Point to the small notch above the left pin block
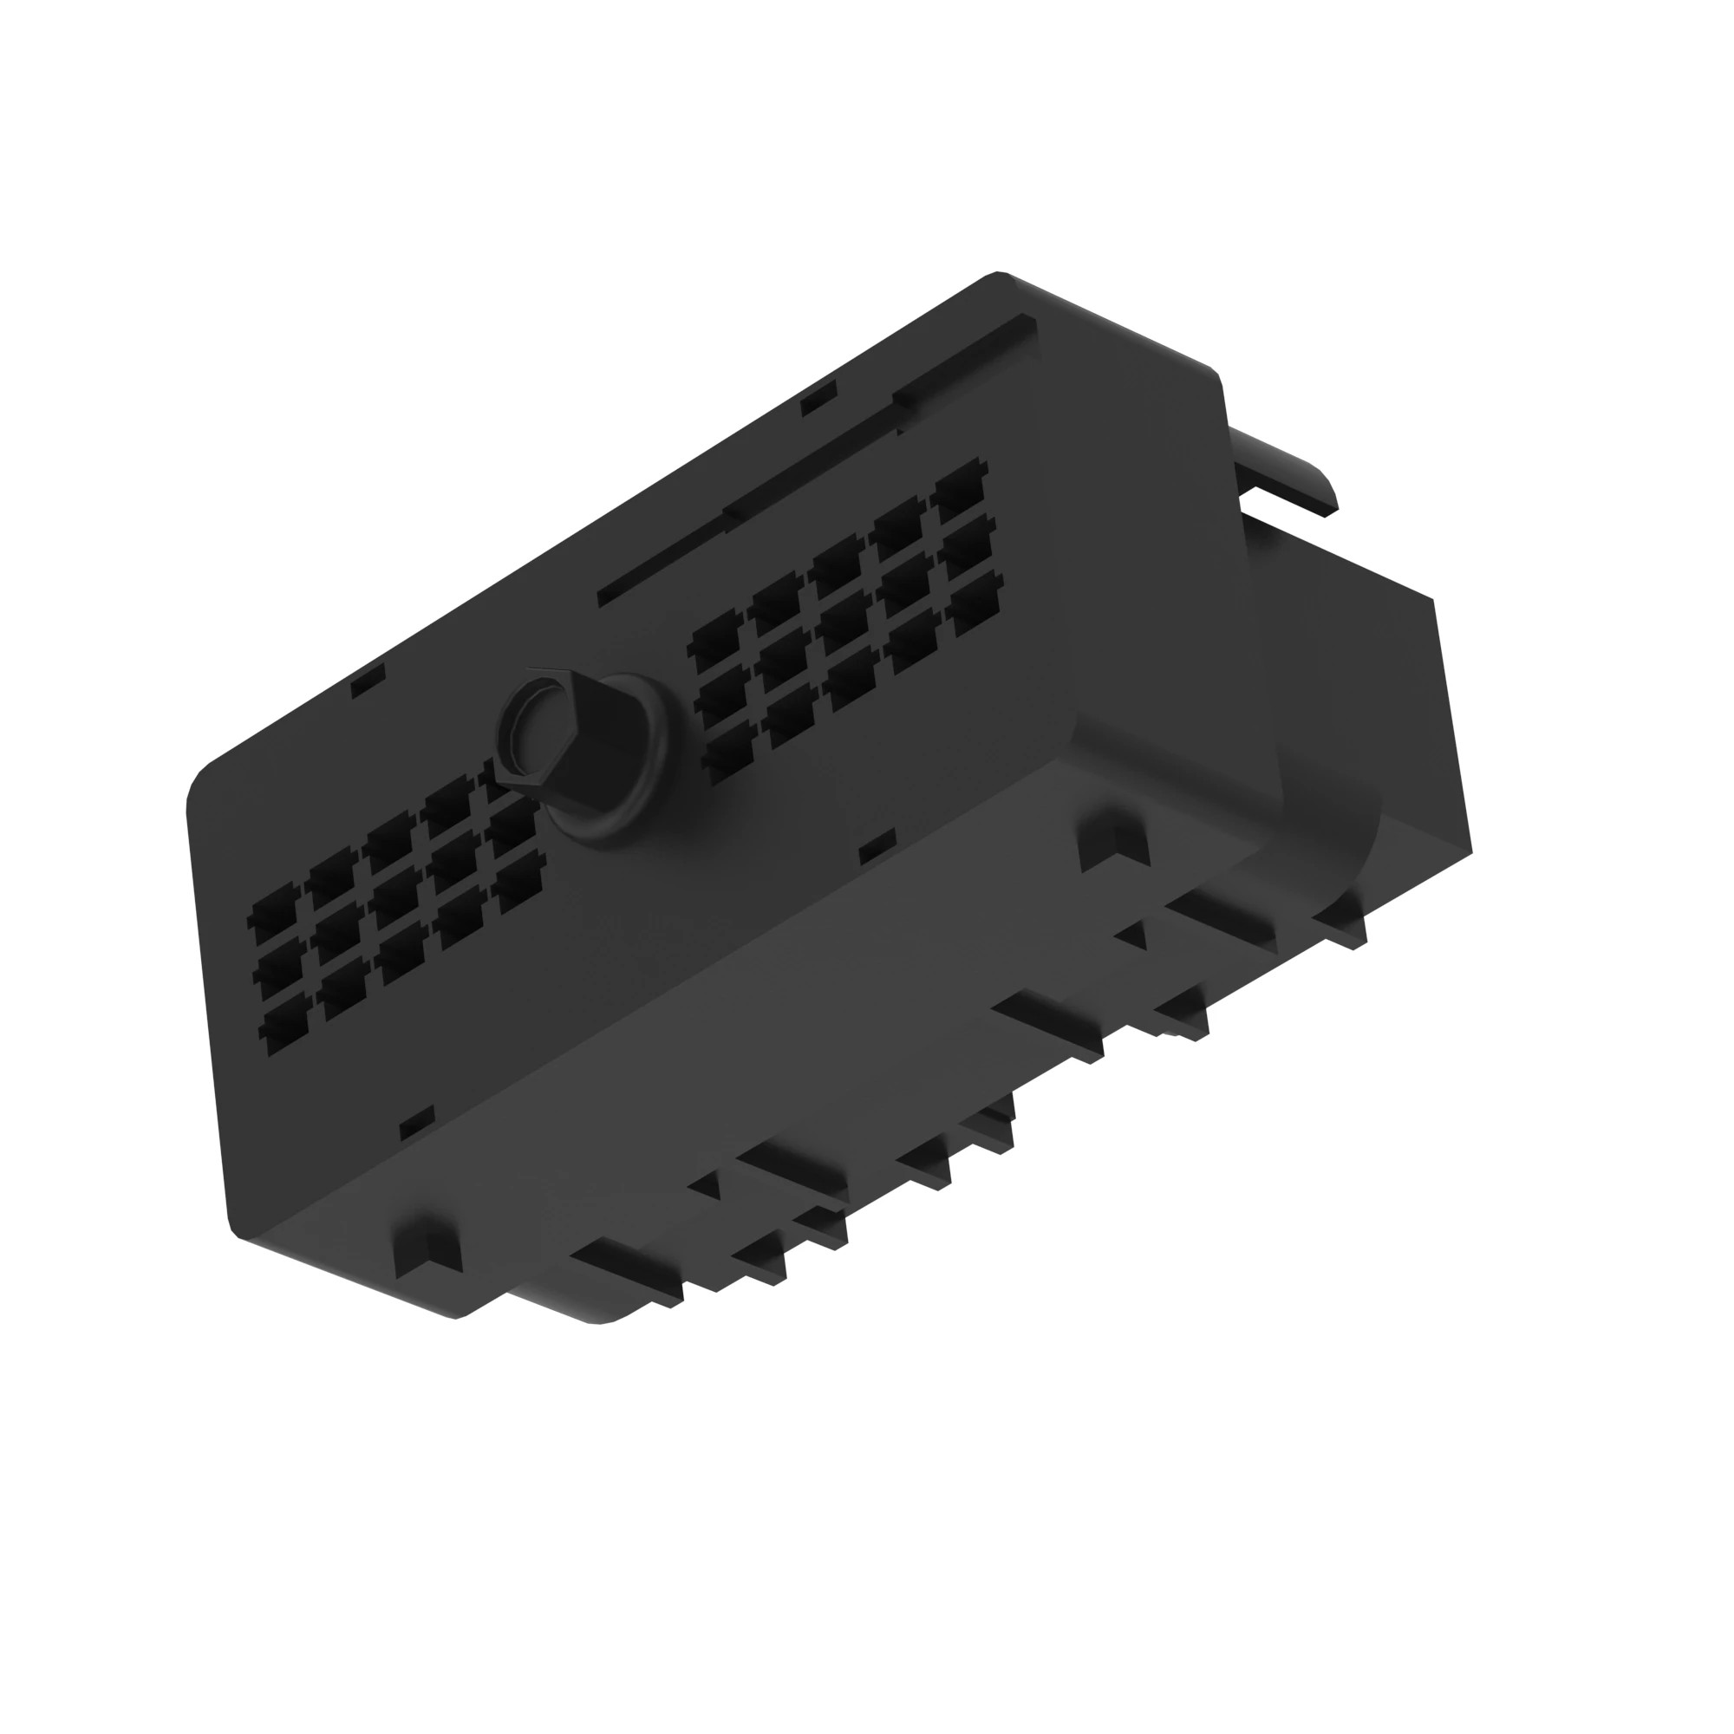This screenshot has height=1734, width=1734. tap(368, 680)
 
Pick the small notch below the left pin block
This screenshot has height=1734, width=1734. tap(415, 1121)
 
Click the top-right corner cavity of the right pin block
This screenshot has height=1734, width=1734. tap(961, 489)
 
